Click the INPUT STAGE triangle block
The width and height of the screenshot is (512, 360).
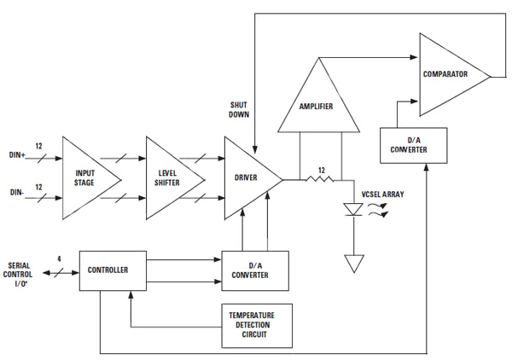[x=86, y=177]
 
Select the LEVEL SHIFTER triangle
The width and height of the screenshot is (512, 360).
[x=168, y=177]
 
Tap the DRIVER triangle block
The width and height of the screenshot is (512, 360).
[x=247, y=177]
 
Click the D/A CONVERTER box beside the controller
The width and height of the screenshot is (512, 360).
[x=255, y=270]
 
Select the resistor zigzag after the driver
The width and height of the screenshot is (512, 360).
[x=321, y=180]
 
